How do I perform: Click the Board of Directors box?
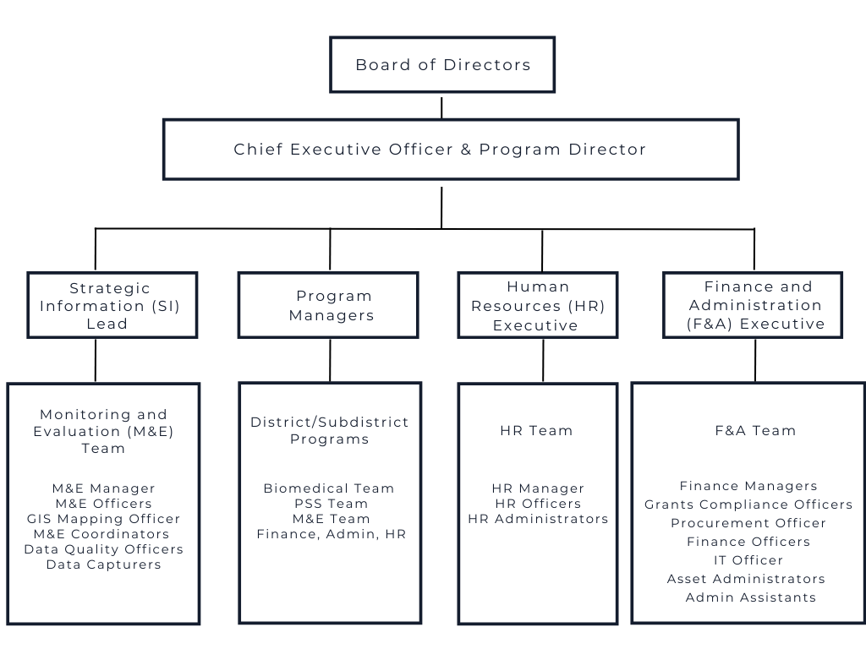pyautogui.click(x=441, y=64)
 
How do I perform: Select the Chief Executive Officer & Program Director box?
pyautogui.click(x=451, y=149)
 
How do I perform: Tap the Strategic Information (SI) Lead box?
pyautogui.click(x=112, y=304)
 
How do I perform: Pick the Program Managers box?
pyautogui.click(x=328, y=304)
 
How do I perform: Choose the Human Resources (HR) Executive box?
pyautogui.click(x=537, y=304)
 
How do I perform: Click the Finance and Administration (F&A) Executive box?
pyautogui.click(x=753, y=304)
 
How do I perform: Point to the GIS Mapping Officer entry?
pyautogui.click(x=104, y=519)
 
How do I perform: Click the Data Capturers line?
pyautogui.click(x=104, y=564)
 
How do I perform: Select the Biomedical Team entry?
pyautogui.click(x=329, y=488)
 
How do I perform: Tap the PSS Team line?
pyautogui.click(x=331, y=504)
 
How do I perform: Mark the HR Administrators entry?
pyautogui.click(x=538, y=519)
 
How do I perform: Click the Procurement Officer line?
pyautogui.click(x=748, y=523)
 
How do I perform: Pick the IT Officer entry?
pyautogui.click(x=748, y=560)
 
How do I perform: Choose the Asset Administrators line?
pyautogui.click(x=746, y=579)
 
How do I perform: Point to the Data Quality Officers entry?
pyautogui.click(x=104, y=549)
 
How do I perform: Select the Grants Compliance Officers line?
pyautogui.click(x=748, y=504)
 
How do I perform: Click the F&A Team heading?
pyautogui.click(x=755, y=430)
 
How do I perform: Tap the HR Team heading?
pyautogui.click(x=536, y=430)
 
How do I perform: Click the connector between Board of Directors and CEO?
pyautogui.click(x=441, y=107)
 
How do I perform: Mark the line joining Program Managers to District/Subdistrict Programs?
pyautogui.click(x=331, y=360)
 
